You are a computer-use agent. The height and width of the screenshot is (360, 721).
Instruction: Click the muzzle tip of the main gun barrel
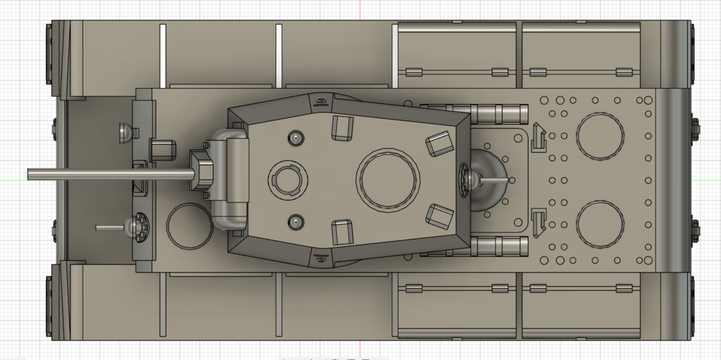30,174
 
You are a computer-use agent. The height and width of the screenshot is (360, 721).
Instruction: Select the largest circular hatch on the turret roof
389,180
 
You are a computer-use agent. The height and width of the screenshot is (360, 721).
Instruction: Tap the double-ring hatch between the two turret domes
288,180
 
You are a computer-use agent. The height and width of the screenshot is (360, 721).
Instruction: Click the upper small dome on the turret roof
296,137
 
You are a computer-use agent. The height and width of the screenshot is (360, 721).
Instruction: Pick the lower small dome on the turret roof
296,222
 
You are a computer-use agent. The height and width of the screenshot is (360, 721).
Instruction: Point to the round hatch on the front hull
189,225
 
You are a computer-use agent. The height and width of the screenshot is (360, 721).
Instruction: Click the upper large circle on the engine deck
600,136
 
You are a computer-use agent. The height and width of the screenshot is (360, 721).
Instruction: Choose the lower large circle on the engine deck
600,225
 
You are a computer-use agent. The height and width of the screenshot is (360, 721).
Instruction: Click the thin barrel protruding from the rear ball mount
496,180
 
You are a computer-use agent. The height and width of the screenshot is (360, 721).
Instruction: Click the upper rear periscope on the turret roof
439,143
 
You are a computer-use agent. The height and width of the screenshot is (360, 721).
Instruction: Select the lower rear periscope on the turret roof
438,216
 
